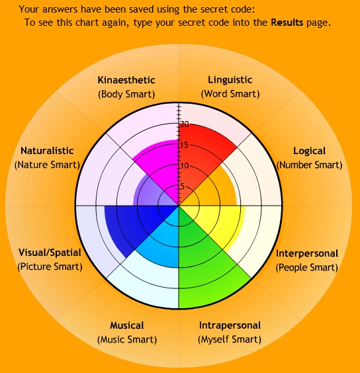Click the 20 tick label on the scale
(185, 124)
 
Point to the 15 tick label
(185, 145)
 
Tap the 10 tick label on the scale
(185, 165)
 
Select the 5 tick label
(183, 186)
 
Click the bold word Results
(287, 22)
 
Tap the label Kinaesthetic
(126, 80)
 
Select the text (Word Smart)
(230, 94)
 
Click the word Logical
(309, 151)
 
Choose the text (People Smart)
(307, 267)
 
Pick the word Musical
(127, 325)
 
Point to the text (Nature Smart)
(47, 165)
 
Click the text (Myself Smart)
(230, 339)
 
